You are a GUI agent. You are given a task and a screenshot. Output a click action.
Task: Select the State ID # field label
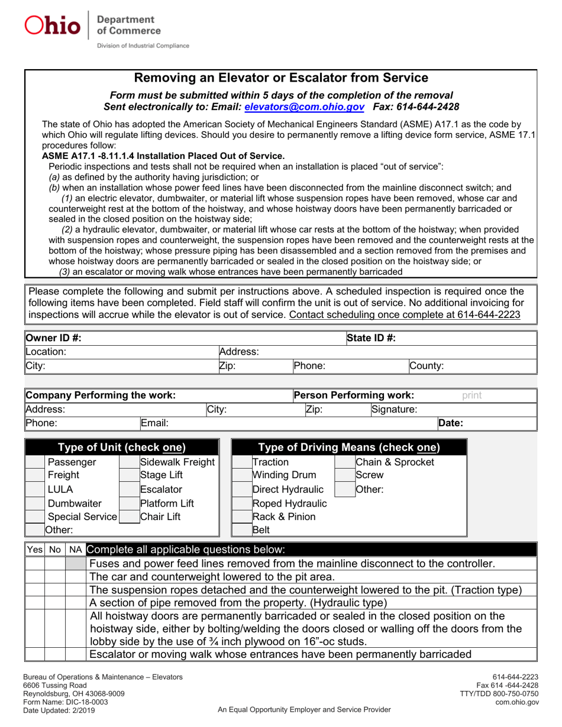click(x=371, y=338)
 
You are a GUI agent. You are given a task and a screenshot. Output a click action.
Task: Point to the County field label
click(x=427, y=366)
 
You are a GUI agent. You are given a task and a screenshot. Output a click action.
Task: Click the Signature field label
click(x=395, y=408)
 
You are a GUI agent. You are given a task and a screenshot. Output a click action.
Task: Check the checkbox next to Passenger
click(x=36, y=462)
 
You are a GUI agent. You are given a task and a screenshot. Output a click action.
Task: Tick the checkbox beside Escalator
click(x=128, y=489)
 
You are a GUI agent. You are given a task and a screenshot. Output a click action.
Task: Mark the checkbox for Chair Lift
click(x=128, y=517)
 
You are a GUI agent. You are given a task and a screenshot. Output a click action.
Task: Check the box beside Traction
click(x=241, y=462)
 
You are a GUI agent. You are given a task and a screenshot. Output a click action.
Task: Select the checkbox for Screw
click(x=344, y=476)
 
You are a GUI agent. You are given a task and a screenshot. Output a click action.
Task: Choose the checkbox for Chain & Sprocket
click(x=344, y=462)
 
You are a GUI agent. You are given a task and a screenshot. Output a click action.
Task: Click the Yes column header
click(x=34, y=549)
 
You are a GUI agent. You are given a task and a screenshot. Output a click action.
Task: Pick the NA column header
click(x=75, y=549)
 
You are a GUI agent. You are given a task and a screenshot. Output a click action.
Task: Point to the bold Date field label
click(x=451, y=423)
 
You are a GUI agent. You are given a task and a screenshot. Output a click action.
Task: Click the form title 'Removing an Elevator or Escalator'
click(x=281, y=77)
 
